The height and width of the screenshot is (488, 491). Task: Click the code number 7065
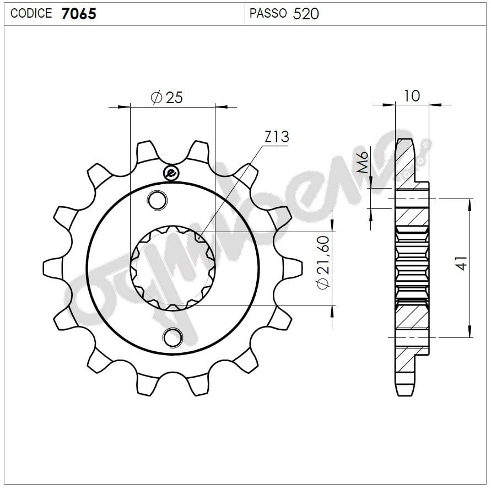coord(79,13)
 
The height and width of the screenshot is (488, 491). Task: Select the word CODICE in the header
coord(31,13)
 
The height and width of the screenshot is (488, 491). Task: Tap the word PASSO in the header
coord(268,13)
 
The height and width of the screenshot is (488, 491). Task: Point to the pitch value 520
coord(306,13)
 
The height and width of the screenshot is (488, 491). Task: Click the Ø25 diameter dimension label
coord(166,97)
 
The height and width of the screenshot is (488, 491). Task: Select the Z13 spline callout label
coord(277,137)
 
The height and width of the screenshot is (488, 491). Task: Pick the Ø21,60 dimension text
coord(323,262)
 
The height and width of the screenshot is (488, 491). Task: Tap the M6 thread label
coord(363,162)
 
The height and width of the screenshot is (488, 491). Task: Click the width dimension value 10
coord(412,96)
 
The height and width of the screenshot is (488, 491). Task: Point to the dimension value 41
coord(462,263)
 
